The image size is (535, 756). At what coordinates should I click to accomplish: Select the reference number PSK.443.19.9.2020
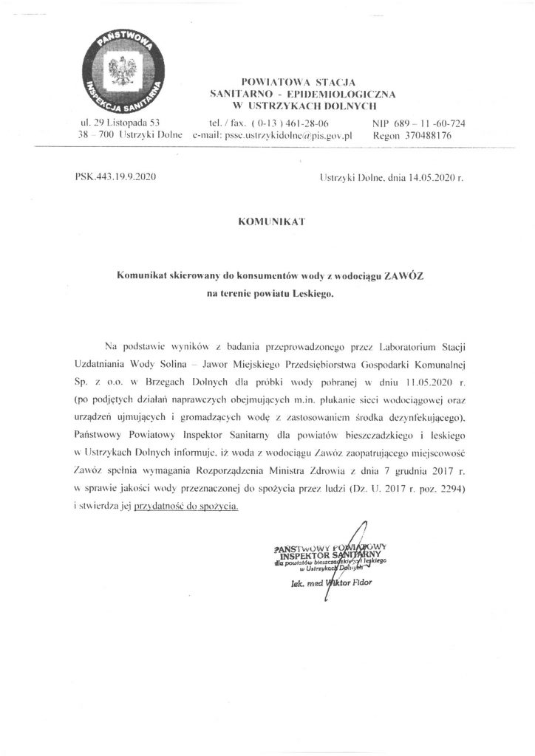(115, 178)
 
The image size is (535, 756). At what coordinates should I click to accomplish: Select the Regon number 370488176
(425, 137)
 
